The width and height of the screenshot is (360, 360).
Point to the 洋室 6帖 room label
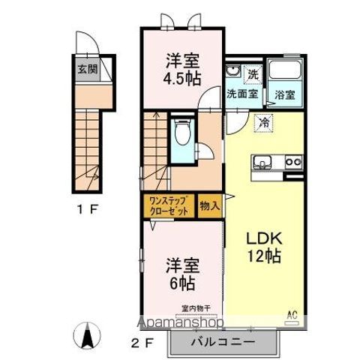(182, 273)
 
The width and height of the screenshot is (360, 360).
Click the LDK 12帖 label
(263, 247)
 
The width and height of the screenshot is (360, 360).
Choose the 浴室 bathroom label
(285, 96)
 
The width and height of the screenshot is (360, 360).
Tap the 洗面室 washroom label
(241, 94)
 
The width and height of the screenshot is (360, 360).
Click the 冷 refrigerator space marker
(264, 121)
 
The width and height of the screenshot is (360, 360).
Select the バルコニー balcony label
(226, 341)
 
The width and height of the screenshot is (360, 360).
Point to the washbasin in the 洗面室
(232, 73)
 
